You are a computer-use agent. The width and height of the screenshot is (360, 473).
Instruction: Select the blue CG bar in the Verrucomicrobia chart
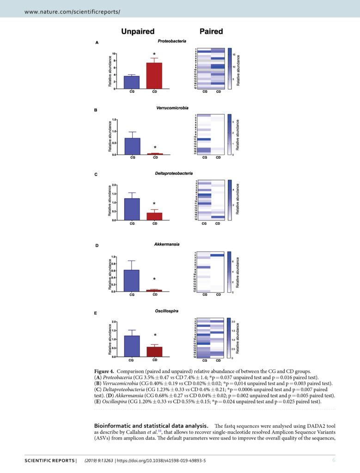tap(132, 146)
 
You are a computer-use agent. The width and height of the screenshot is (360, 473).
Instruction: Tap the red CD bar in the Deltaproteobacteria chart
tap(154, 216)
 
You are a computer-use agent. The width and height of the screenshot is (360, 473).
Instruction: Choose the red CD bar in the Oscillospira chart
tap(154, 352)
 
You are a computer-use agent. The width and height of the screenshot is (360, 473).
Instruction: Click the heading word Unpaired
tap(137, 32)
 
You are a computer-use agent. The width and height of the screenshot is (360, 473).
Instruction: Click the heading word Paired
tap(211, 32)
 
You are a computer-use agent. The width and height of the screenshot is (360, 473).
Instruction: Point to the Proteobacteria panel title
tap(171, 42)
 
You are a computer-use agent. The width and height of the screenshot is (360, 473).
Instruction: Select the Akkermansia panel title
tap(167, 244)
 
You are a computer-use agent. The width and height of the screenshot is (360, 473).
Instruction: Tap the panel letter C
tap(96, 175)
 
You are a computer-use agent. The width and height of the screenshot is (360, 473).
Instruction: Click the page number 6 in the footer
tap(333, 460)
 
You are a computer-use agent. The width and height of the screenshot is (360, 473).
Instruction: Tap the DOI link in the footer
tap(160, 461)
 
